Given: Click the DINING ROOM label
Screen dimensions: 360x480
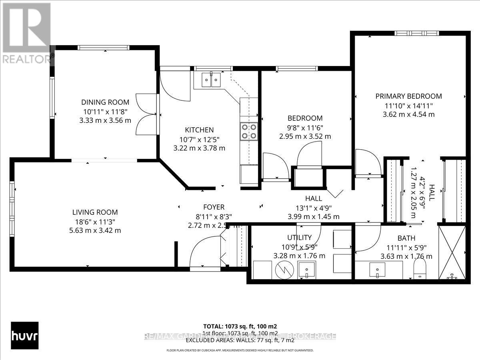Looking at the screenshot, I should point(105,102).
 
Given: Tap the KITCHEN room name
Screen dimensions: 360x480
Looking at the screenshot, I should point(199,130).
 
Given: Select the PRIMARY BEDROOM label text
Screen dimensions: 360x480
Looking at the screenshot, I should point(408,96).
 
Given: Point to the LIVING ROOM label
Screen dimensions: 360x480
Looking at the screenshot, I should point(95,212).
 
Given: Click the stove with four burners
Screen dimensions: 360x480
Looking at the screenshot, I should point(248,131).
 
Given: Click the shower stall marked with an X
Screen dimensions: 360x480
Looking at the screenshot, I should point(452,252).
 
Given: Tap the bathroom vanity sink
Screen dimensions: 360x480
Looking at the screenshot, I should point(377,270).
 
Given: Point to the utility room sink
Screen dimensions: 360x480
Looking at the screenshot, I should point(307,270).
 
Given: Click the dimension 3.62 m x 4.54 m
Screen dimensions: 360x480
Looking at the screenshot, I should point(408,114).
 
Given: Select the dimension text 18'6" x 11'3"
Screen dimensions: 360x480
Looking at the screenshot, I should point(95,222).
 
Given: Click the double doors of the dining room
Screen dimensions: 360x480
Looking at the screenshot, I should point(146,114).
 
